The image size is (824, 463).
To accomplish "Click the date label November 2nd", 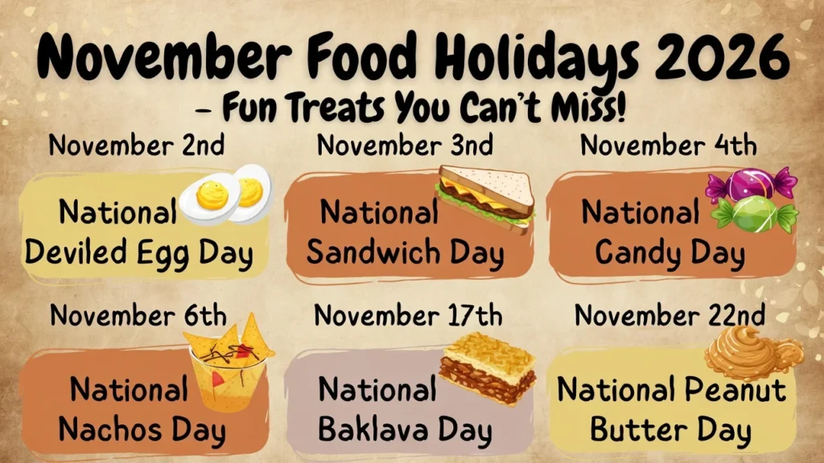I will click(137, 146).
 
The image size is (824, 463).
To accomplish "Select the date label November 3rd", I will click(405, 146).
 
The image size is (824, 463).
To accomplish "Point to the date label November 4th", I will click(669, 146).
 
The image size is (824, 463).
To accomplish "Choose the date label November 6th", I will click(138, 315).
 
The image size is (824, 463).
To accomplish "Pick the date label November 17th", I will click(408, 315).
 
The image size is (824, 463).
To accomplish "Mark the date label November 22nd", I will click(669, 315).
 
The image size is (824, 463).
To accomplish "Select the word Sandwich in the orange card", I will click(371, 254).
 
